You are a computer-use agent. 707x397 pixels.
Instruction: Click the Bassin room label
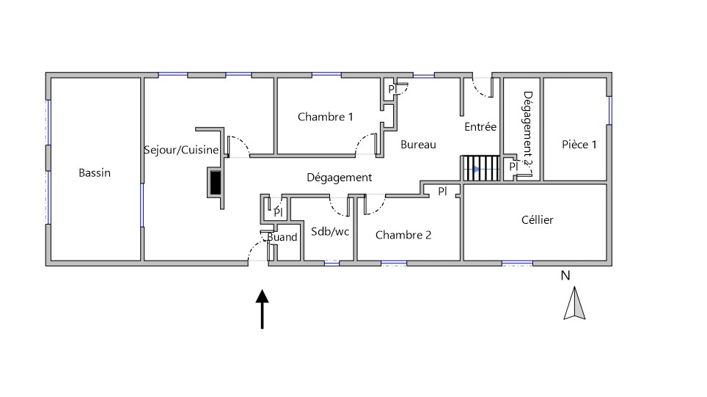tap(95, 173)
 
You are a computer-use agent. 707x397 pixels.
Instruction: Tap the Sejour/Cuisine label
tap(181, 150)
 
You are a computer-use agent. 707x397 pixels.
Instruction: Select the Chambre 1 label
tap(326, 117)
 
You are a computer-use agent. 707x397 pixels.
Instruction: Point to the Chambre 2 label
tap(403, 235)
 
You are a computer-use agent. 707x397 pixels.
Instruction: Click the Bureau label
tap(418, 145)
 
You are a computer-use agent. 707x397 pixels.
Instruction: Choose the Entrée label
tap(480, 127)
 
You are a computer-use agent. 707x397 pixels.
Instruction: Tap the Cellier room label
tap(537, 220)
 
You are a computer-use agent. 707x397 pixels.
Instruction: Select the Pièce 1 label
tap(579, 145)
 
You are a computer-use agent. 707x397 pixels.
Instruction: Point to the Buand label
tap(282, 237)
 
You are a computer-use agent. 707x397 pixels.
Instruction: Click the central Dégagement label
tap(339, 178)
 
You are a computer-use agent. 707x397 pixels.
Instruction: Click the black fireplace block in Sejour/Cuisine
tap(216, 182)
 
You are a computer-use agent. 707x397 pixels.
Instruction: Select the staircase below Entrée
tap(480, 168)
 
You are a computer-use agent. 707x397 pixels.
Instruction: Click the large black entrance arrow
tap(262, 309)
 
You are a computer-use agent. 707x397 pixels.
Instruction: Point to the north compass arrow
tap(574, 305)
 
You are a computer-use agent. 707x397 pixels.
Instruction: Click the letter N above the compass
tap(565, 276)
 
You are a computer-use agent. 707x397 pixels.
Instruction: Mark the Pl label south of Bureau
tap(442, 191)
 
